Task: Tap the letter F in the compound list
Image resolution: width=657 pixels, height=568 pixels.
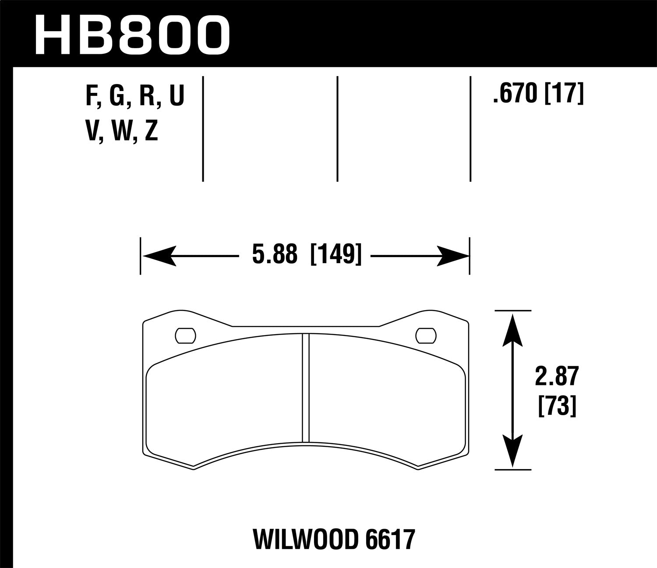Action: click(91, 95)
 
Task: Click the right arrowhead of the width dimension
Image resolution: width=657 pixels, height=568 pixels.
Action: click(453, 255)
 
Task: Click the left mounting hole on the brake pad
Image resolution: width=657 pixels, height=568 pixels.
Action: click(185, 335)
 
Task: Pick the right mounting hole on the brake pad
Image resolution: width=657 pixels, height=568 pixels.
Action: click(427, 335)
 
